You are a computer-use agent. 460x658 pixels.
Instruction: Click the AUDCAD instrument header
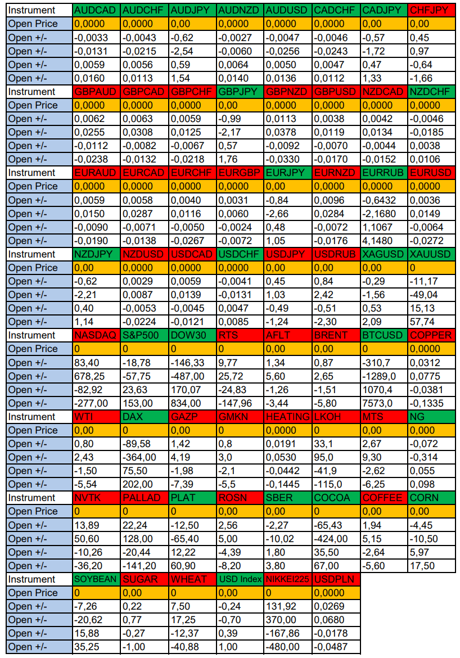point(96,10)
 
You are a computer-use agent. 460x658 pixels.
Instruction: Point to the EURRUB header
point(384,173)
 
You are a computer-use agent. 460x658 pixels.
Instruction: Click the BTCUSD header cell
point(384,335)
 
